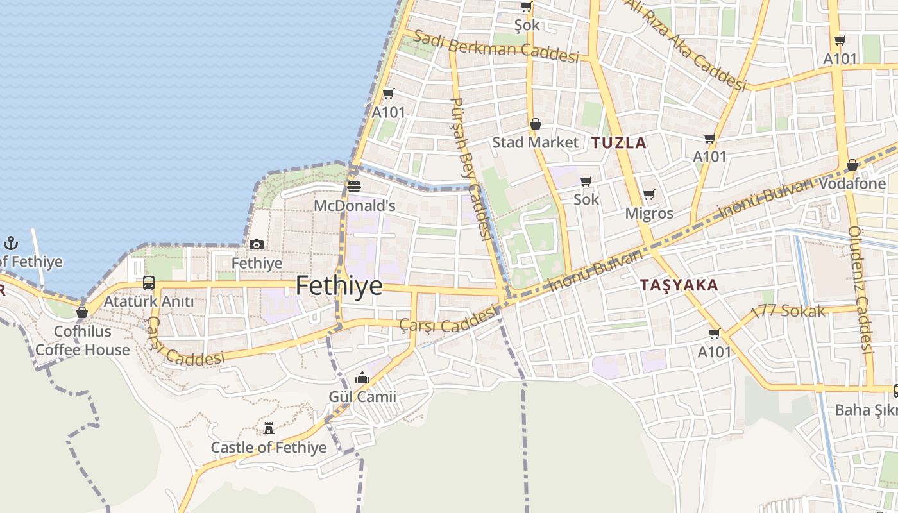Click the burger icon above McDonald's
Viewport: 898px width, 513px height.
[x=353, y=186]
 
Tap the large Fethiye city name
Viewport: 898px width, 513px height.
[x=339, y=286]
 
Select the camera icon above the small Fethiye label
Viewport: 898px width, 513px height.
[x=257, y=244]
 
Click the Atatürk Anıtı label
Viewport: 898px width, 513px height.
[x=148, y=301]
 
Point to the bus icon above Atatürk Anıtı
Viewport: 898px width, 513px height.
[x=149, y=282]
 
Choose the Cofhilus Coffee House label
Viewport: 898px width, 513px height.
[x=82, y=341]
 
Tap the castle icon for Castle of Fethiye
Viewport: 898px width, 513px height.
[x=269, y=428]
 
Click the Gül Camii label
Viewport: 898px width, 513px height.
[x=362, y=397]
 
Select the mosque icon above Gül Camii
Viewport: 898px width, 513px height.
[x=362, y=378]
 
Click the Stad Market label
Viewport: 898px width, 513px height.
[x=535, y=142]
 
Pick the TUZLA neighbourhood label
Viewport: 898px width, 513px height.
[x=619, y=143]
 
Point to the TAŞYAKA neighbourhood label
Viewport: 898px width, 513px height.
[x=679, y=285]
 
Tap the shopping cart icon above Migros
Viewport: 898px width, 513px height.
[x=649, y=194]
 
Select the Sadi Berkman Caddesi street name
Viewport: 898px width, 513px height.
[x=496, y=46]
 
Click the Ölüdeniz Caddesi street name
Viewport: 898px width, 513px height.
[x=861, y=290]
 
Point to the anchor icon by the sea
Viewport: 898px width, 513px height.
[x=11, y=243]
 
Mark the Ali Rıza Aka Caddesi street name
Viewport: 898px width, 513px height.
[x=686, y=44]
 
